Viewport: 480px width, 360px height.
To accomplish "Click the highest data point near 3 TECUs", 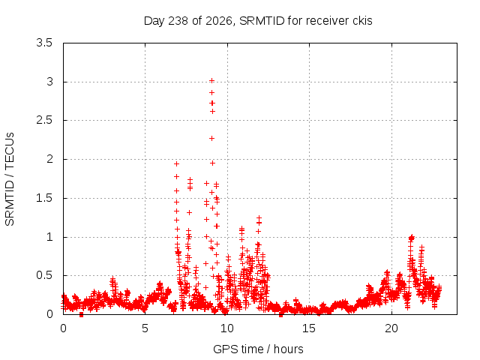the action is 211,81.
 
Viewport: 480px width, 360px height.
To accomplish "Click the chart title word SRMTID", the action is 262,21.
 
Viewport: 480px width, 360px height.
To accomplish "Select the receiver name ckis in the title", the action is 362,21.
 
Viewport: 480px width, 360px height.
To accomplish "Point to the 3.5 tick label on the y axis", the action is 44,43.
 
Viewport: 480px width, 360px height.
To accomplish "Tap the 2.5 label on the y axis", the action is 44,120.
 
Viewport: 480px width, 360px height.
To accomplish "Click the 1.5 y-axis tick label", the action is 44,198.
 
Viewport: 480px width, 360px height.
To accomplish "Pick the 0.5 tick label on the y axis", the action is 44,275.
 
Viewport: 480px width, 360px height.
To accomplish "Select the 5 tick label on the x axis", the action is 145,328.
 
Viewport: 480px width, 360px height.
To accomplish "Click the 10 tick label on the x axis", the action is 227,328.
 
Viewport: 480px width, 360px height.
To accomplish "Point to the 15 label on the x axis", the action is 309,328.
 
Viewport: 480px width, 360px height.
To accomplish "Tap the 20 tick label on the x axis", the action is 391,328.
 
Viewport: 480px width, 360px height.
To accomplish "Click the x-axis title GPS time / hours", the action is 258,349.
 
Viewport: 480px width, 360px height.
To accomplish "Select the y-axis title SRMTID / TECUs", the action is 10,179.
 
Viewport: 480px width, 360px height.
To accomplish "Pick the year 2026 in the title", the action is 219,21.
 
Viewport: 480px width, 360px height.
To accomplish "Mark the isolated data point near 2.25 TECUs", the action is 211,139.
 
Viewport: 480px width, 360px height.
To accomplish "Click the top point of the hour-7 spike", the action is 176,164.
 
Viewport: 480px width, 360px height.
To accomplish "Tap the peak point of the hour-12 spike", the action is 259,217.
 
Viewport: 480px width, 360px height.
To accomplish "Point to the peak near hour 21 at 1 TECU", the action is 412,238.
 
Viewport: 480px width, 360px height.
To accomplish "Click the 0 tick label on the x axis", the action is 63,328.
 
